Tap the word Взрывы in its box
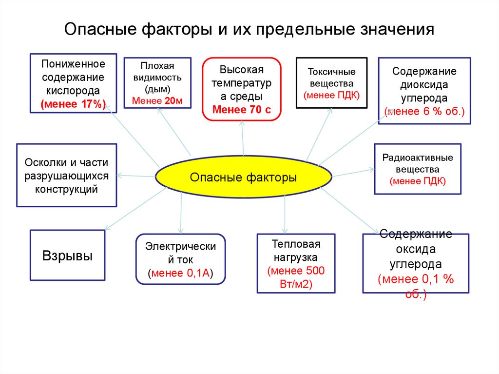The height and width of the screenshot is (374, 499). point(68,256)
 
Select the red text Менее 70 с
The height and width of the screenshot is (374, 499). point(242,109)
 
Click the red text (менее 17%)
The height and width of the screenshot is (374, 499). point(73,103)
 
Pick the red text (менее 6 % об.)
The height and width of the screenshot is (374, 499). point(424,111)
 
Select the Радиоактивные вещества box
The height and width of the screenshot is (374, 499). point(418,169)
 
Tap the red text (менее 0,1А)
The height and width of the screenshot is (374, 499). point(181,273)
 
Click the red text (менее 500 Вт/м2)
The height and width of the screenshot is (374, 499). point(296,277)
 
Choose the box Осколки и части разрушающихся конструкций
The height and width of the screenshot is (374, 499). point(66,176)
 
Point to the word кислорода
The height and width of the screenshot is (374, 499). point(73,90)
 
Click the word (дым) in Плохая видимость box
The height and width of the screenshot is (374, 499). point(157,89)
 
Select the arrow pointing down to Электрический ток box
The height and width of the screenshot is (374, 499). point(181,215)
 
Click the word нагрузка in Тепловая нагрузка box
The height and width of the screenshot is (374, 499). point(295,257)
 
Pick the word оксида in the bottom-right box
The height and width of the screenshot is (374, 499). point(416,249)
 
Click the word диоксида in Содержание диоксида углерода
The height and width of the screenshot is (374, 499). point(424,84)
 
